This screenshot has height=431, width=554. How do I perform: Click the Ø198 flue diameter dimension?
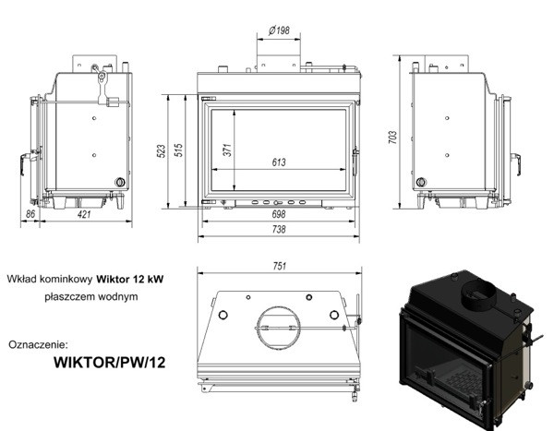point(279,30)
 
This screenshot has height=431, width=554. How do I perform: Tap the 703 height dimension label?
point(392,138)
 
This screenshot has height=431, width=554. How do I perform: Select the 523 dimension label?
point(161,150)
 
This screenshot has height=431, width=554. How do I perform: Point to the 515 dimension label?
point(179,150)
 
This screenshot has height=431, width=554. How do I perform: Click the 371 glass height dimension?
point(228,150)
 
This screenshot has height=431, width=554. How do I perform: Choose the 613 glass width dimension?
point(279,162)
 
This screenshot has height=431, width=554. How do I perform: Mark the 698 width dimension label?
point(279,214)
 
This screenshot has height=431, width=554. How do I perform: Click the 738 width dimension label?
point(279,229)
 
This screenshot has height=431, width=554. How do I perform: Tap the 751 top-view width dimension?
point(280,266)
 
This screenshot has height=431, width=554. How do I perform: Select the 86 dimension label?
point(30,214)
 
